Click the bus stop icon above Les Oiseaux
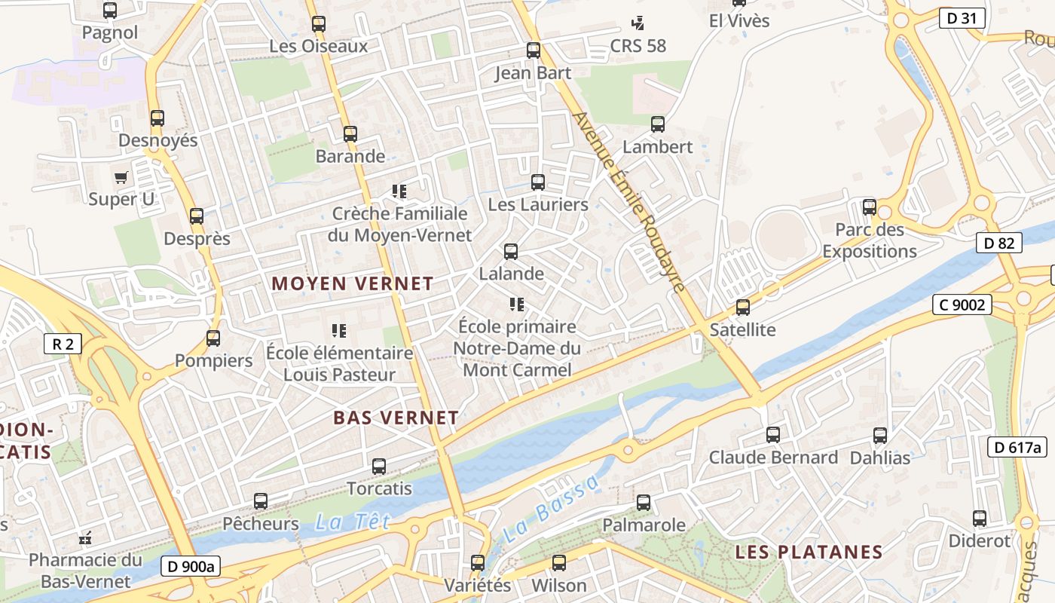[x=319, y=24]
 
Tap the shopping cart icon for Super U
[x=121, y=178]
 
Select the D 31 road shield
[x=962, y=18]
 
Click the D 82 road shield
[x=999, y=243]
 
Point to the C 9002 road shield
[x=962, y=305]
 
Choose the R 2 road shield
[x=63, y=344]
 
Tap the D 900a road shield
[x=191, y=567]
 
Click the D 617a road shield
[x=1017, y=447]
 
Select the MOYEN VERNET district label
[x=353, y=284]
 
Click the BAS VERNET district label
[x=396, y=418]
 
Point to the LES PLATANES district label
[x=809, y=552]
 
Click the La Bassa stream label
[x=551, y=509]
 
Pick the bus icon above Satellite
[x=743, y=308]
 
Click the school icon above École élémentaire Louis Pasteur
[x=339, y=331]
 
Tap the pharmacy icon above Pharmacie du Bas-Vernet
[x=85, y=538]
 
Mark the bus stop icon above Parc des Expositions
[x=870, y=207]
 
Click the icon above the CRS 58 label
[x=638, y=23]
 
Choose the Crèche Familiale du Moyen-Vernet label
[x=400, y=225]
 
